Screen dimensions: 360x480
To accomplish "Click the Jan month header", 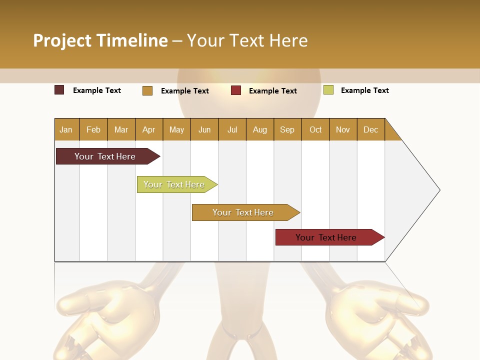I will click(x=66, y=129).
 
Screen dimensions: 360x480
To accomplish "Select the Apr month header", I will click(x=149, y=129).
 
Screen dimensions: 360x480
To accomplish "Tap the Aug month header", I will click(x=260, y=129).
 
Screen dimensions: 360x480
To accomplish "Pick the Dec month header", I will click(x=370, y=129).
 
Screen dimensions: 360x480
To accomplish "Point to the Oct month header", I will click(x=315, y=129).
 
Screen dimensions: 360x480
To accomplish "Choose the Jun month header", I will click(x=204, y=129).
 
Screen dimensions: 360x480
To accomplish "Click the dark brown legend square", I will click(x=59, y=90).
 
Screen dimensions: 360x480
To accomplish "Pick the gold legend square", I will click(x=147, y=90).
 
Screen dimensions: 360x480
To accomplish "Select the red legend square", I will click(x=236, y=90).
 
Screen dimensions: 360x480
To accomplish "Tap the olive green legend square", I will click(x=328, y=90).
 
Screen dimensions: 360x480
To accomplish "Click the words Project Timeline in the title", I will click(x=100, y=40).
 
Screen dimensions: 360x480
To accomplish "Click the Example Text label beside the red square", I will click(x=272, y=90).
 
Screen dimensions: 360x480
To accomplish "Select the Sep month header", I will click(x=287, y=129).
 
